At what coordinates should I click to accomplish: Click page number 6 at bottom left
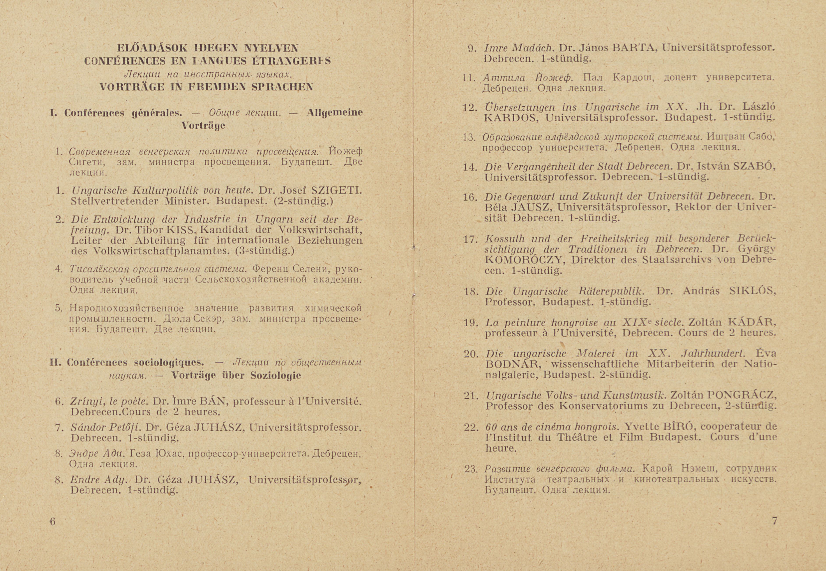pos(53,522)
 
